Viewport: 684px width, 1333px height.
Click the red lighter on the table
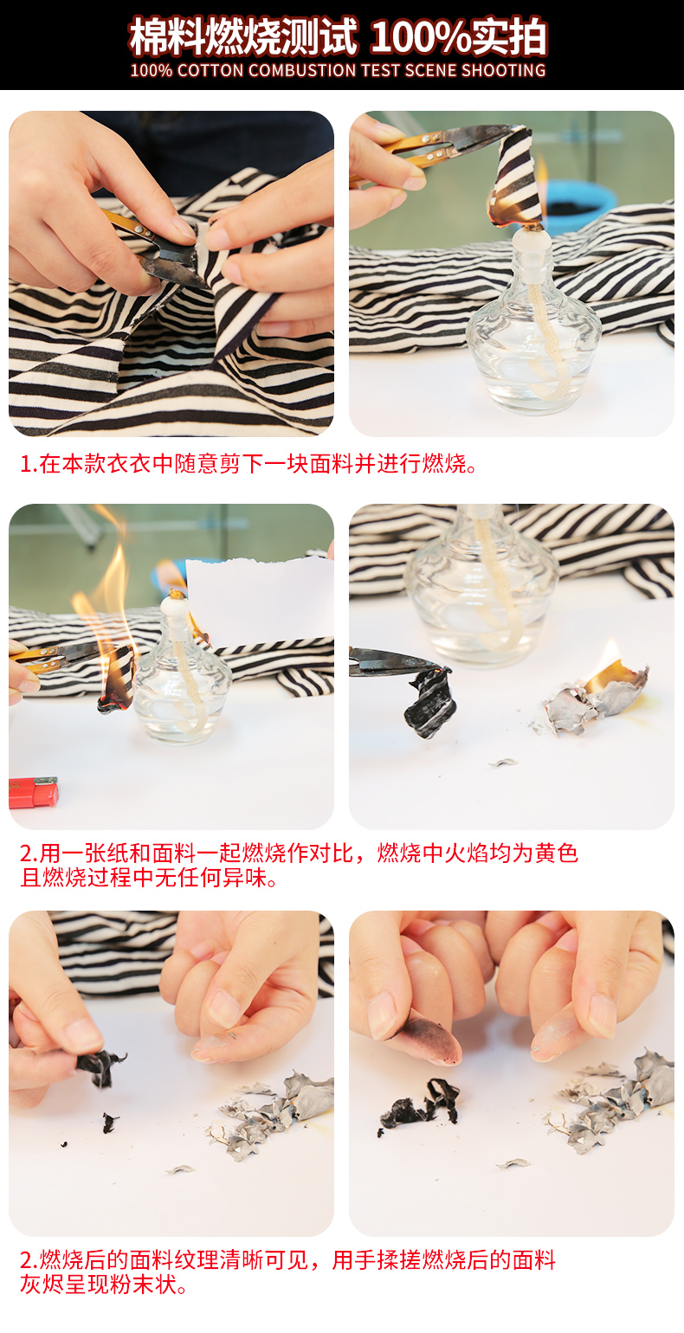34,791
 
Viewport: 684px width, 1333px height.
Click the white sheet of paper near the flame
260,602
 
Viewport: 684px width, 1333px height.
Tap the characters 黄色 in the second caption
556,853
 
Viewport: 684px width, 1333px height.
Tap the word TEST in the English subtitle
382,70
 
